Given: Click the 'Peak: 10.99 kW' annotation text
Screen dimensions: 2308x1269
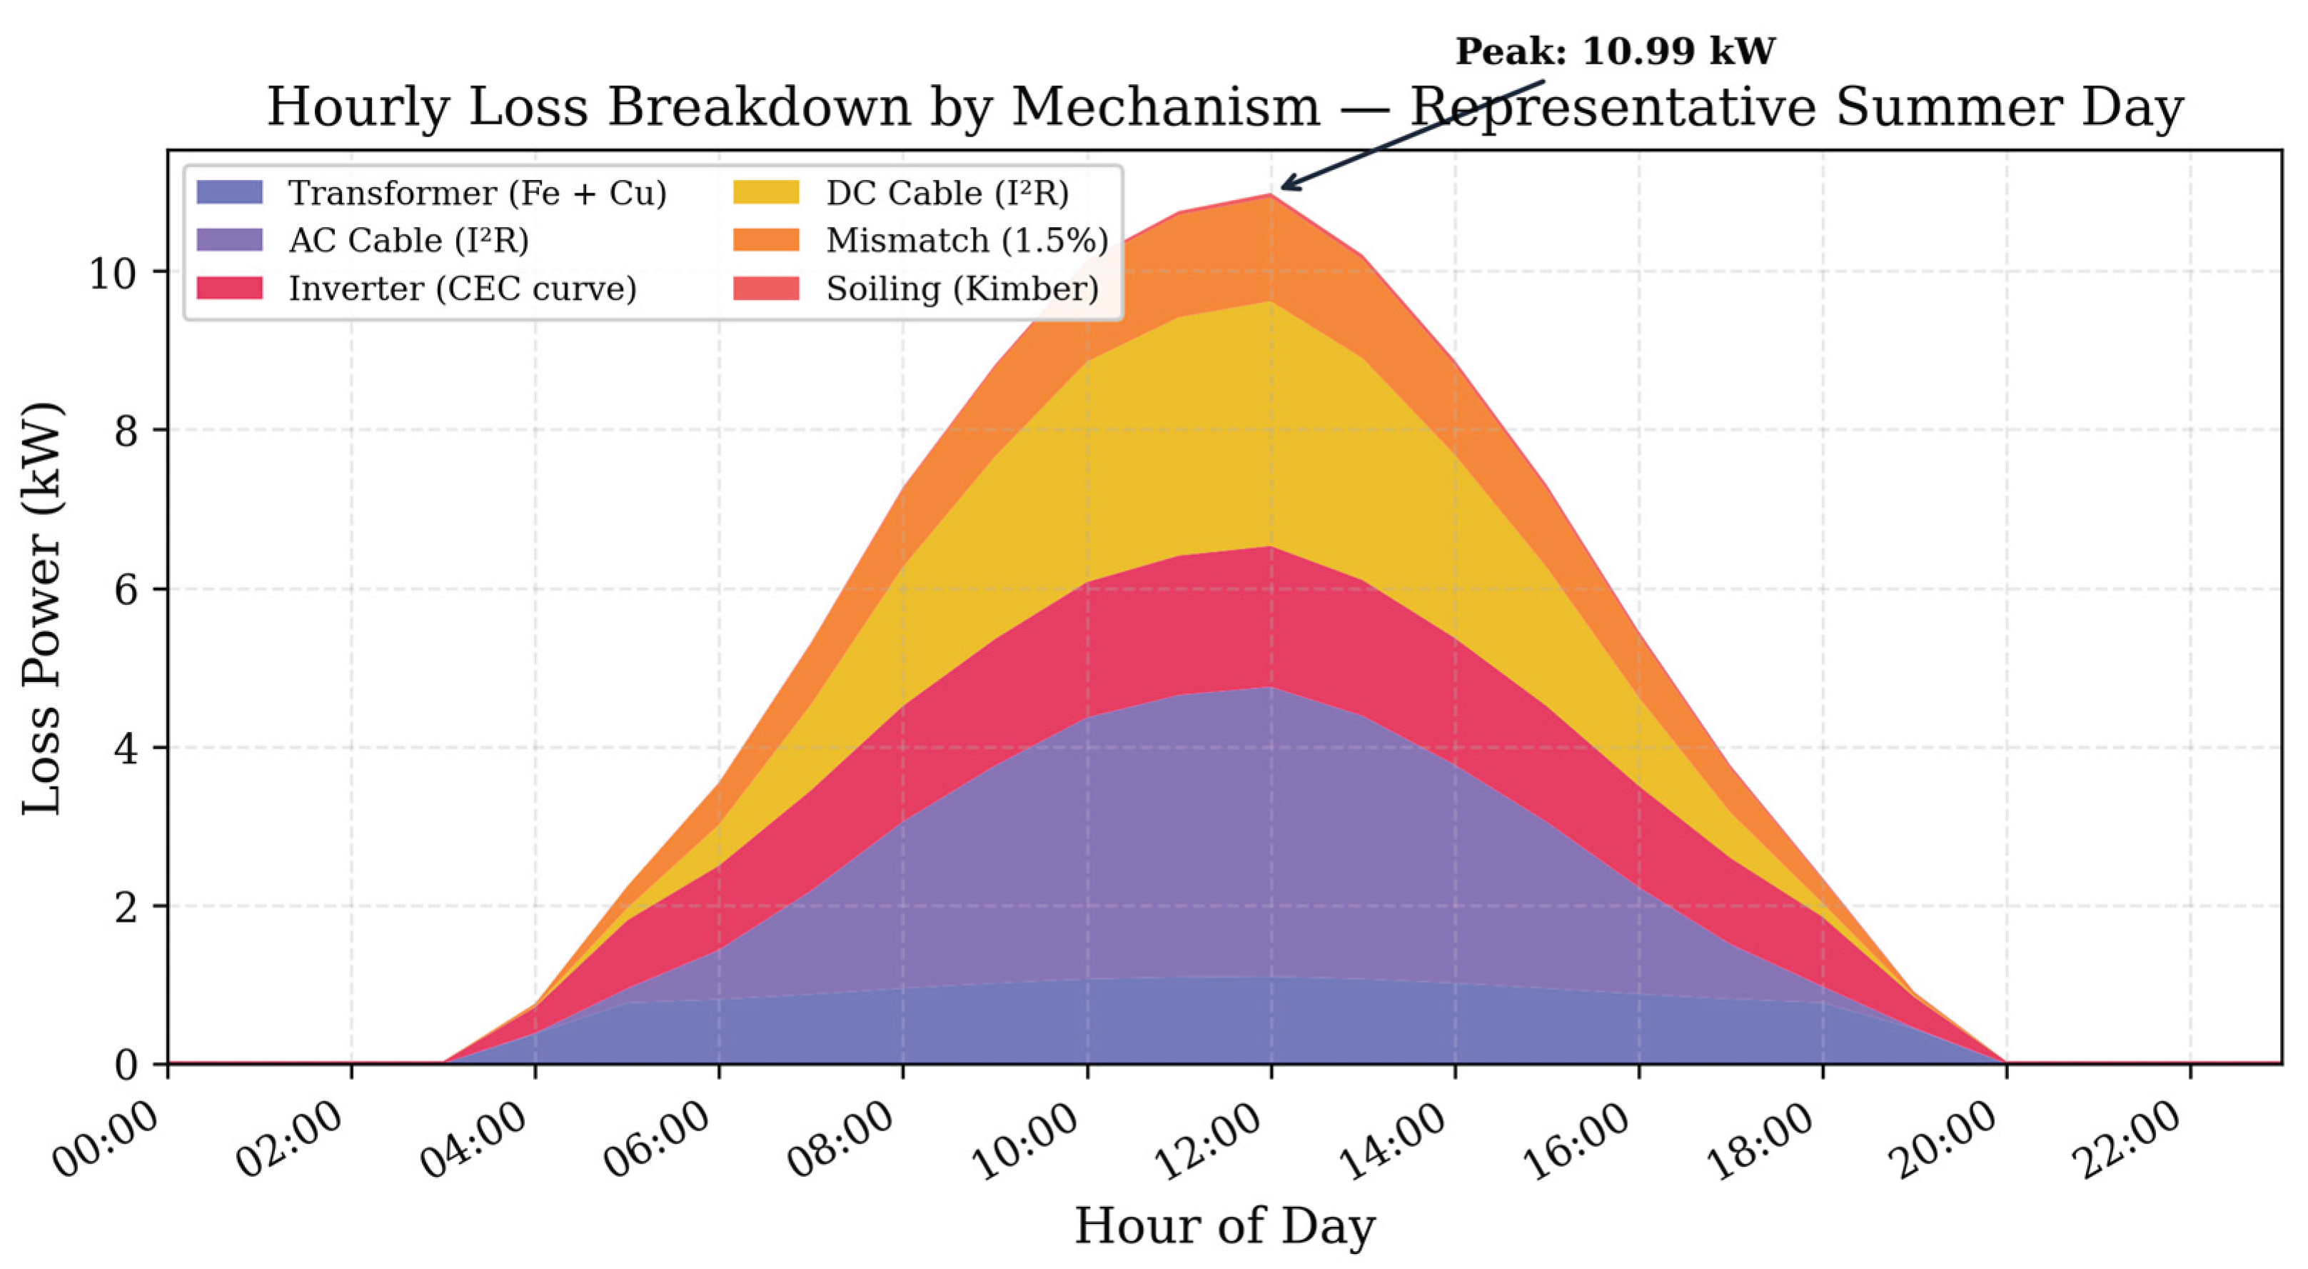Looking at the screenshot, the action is click(1615, 51).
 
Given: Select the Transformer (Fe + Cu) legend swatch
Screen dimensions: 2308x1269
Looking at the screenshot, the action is click(229, 193).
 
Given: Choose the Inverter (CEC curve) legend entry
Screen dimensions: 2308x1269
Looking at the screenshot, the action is click(417, 289).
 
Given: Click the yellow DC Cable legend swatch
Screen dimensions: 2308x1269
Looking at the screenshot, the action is click(766, 193).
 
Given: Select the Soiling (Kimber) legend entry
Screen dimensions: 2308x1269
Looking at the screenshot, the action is click(916, 289).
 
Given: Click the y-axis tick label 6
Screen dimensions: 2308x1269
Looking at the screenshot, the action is click(128, 588).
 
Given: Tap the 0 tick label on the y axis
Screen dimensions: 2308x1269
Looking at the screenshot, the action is click(128, 1065).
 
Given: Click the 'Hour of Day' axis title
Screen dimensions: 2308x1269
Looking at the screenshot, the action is click(1225, 1226).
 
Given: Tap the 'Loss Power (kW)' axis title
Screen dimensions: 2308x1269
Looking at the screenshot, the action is click(42, 608).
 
